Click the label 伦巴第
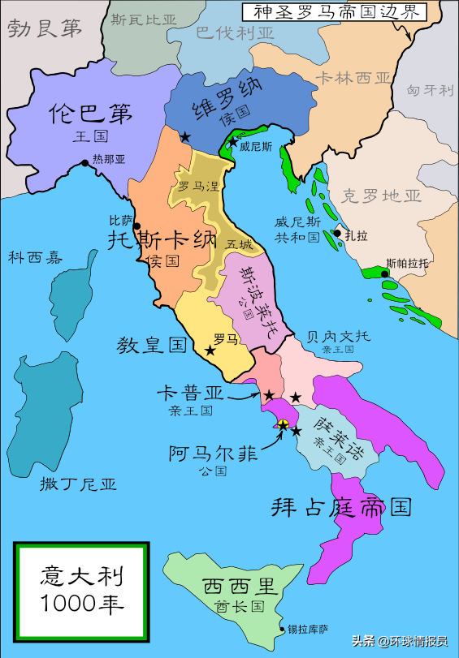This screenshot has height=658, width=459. coord(91,113)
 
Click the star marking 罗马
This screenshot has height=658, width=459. coord(210,351)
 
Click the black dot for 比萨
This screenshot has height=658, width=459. coord(136,226)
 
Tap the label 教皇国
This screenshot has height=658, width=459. coord(152,345)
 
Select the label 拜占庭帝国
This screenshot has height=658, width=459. coord(340,507)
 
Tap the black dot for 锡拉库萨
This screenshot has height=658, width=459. coord(282,629)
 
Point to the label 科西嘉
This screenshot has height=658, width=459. coord(35,257)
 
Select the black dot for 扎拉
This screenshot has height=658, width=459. coord(336,234)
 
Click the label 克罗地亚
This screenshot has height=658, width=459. coord(382,196)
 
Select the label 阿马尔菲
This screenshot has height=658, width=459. coord(214,454)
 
